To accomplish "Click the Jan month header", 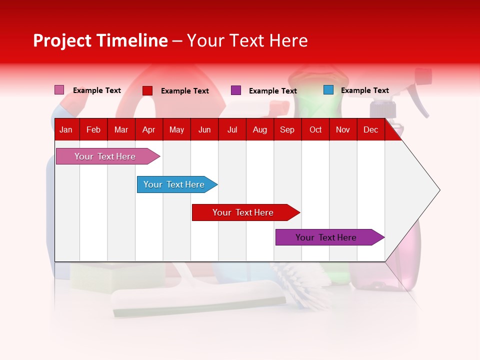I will point(66,130).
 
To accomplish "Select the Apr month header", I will point(148,130).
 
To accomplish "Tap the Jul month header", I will point(232,130).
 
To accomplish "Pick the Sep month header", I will point(287,130).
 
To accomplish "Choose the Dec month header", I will point(370,130).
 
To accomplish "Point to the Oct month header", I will point(315,130).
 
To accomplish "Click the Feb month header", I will point(93,130).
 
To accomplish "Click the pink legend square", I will point(59,90).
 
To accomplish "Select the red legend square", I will point(147,90).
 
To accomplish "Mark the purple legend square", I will point(236,90).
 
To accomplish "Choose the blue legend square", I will point(328,90).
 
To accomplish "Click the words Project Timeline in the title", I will point(100,40).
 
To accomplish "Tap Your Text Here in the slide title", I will point(247,40).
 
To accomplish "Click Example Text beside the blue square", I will point(364,90).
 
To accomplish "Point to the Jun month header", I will point(204,130).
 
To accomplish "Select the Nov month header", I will point(343,130).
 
